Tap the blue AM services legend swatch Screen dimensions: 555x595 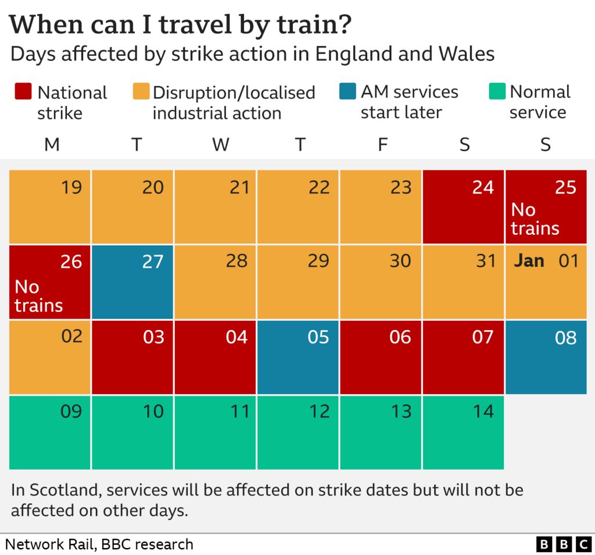pos(347,92)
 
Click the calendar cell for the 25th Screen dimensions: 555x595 pos(546,207)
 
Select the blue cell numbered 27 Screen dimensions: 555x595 pos(132,282)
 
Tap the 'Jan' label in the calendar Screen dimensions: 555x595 pos(529,261)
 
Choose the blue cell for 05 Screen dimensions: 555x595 pos(297,357)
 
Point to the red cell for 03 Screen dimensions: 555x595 pos(132,357)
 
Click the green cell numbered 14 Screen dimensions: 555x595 pos(463,432)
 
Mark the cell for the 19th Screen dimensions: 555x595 pos(49,207)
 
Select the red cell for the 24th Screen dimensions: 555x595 pos(463,207)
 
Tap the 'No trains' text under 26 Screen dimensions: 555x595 pos(38,296)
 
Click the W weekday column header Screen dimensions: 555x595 pos(220,145)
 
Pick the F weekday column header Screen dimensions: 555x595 pos(382,145)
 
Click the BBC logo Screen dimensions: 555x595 pos(562,545)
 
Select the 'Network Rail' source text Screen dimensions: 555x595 pos(51,545)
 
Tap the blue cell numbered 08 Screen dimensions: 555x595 pos(546,357)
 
